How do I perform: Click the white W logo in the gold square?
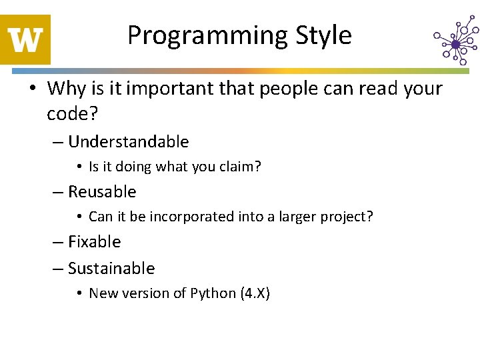pyautogui.click(x=25, y=39)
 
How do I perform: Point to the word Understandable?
pyautogui.click(x=128, y=142)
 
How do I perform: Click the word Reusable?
pyautogui.click(x=102, y=192)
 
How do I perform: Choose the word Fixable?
pyautogui.click(x=94, y=242)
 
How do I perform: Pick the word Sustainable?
pyautogui.click(x=111, y=269)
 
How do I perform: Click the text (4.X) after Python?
pyautogui.click(x=255, y=293)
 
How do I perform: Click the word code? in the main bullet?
pyautogui.click(x=72, y=114)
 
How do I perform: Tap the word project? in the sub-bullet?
pyautogui.click(x=348, y=217)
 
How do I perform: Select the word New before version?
pyautogui.click(x=103, y=293)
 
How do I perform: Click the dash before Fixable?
pyautogui.click(x=57, y=243)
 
